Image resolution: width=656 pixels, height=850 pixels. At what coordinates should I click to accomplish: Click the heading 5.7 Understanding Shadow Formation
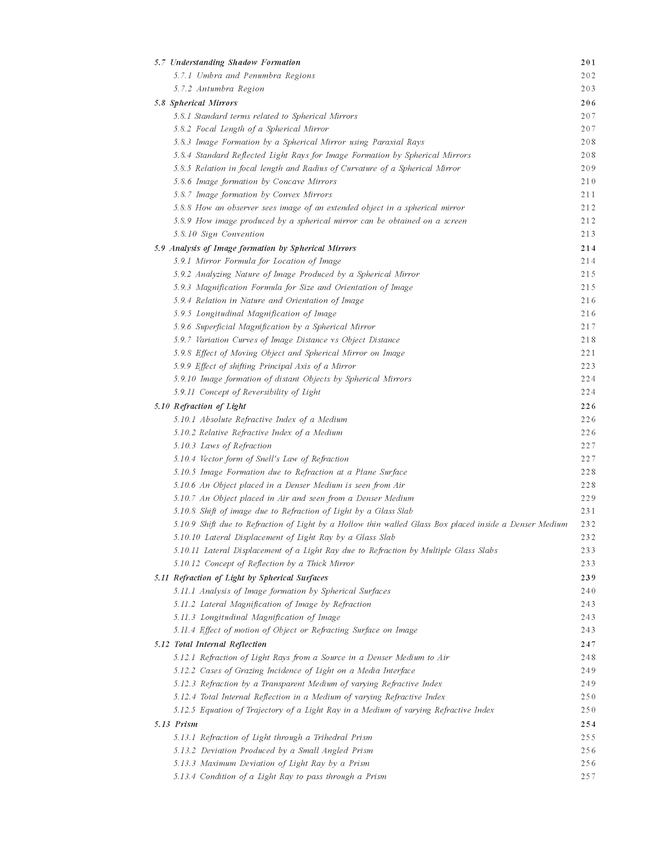pos(228,62)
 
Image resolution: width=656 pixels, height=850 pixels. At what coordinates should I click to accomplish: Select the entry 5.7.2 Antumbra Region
pos(218,88)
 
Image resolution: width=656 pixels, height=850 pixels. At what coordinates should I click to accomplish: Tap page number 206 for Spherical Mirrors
pos(588,103)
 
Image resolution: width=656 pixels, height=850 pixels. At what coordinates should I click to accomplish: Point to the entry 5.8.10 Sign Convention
pos(218,234)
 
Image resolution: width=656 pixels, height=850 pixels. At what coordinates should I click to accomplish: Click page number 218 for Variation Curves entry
pos(588,340)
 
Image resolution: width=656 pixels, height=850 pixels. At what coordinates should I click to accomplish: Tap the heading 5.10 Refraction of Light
pos(200,406)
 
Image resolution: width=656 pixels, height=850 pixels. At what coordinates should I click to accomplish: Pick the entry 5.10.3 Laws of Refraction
pos(222,446)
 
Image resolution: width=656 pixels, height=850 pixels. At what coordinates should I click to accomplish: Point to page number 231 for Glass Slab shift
pos(588,511)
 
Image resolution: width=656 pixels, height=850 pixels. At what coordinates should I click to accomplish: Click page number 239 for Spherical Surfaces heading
pos(588,578)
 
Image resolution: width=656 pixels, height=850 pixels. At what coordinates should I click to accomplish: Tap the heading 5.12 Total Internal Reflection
pos(210,644)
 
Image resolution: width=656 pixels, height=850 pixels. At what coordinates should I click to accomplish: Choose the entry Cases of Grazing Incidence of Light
pos(294,671)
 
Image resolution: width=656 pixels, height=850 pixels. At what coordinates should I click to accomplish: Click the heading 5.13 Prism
pos(176,724)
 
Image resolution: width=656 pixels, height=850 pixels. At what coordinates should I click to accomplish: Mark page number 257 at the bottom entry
pos(588,776)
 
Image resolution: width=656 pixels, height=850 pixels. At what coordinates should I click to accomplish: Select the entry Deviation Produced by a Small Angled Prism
pos(273,751)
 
